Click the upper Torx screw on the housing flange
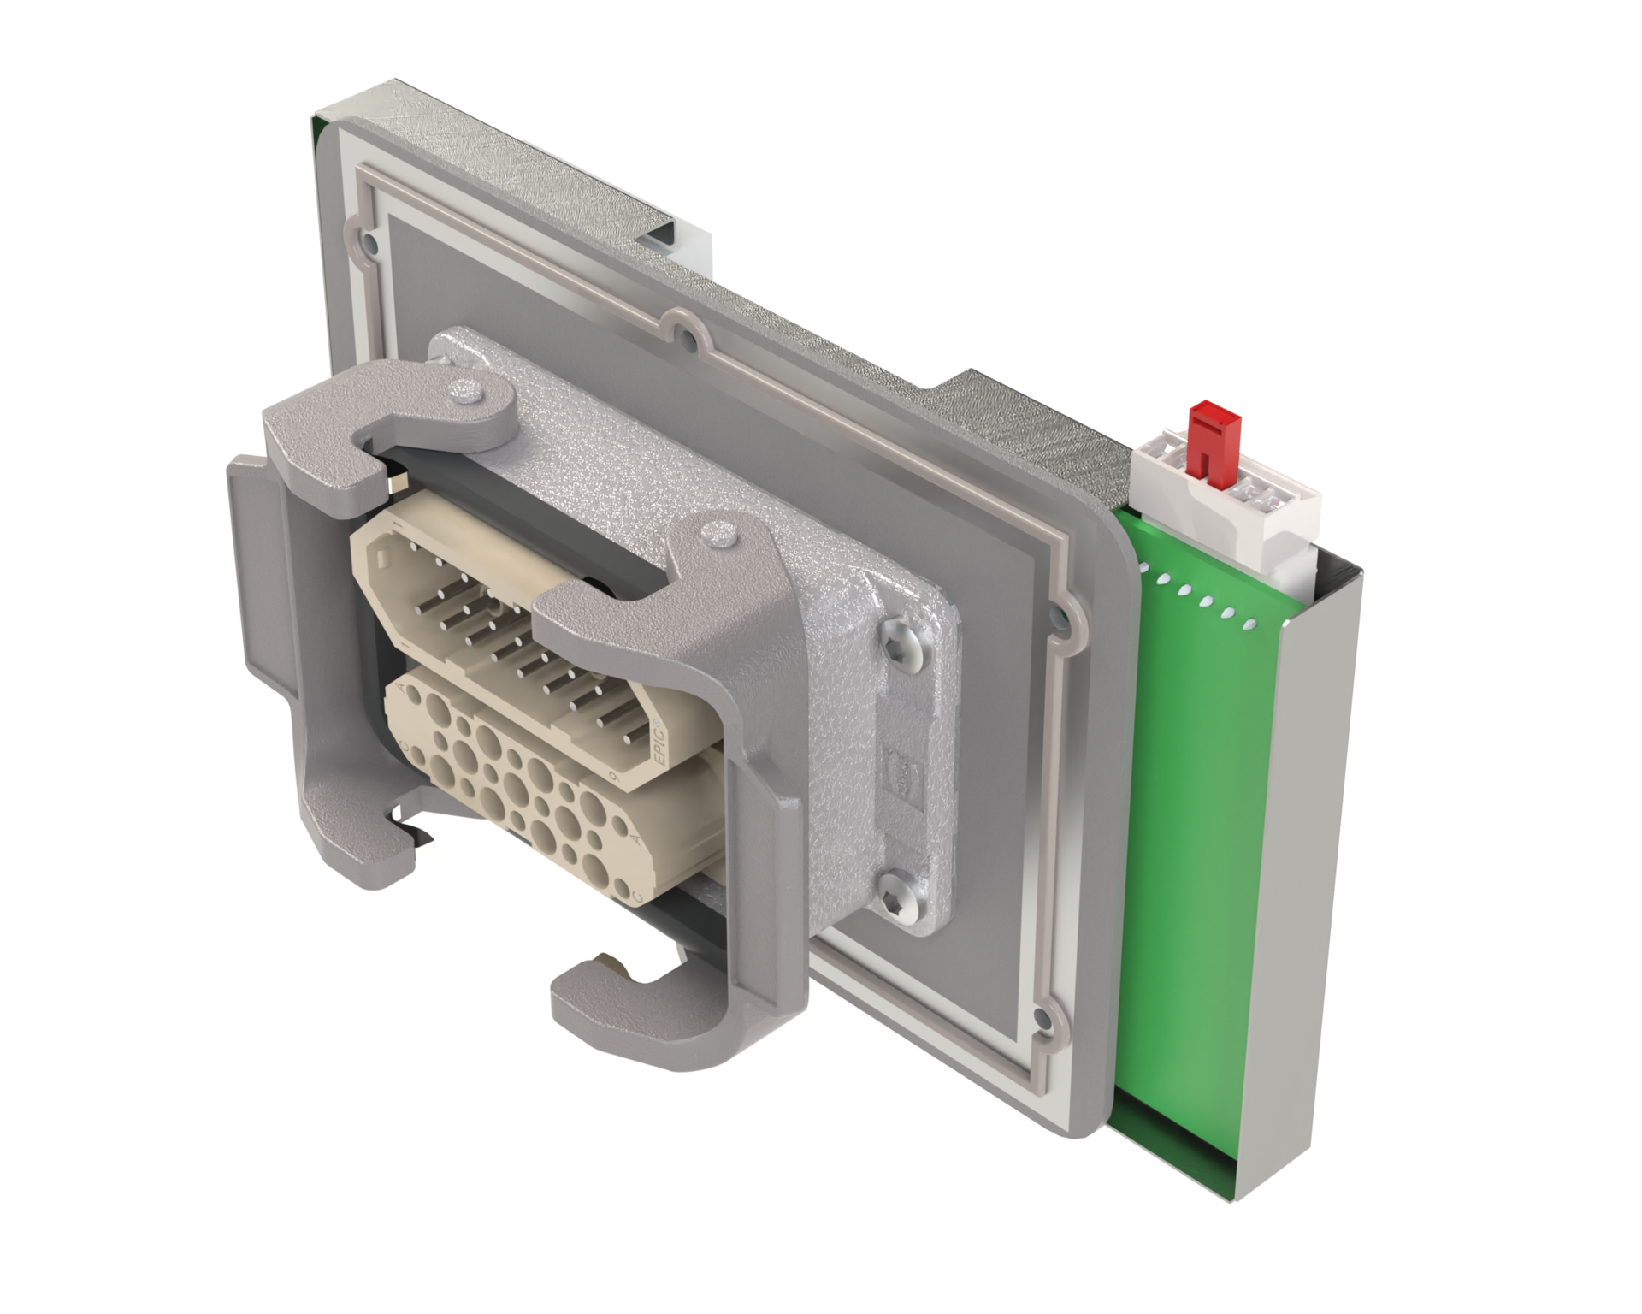[x=907, y=637]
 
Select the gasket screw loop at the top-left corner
[x=368, y=243]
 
